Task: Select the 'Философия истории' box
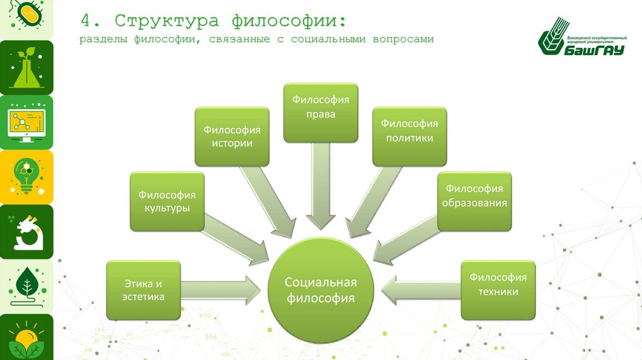click(x=231, y=136)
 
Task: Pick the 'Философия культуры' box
click(x=167, y=201)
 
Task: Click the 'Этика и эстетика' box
click(x=144, y=290)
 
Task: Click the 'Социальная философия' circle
click(x=320, y=289)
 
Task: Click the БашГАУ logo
click(x=582, y=42)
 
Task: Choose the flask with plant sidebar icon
click(x=26, y=67)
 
